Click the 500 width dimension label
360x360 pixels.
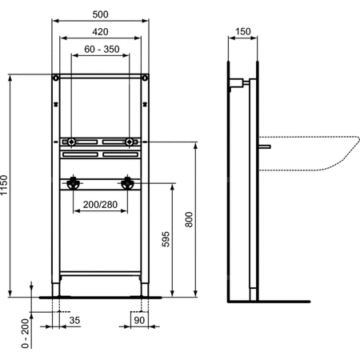(x=100, y=14)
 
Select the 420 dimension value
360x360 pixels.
(x=100, y=32)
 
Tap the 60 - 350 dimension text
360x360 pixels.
(x=102, y=49)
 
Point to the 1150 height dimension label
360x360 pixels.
(x=4, y=185)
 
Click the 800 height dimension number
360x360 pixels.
(x=189, y=219)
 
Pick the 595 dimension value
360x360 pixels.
(x=166, y=239)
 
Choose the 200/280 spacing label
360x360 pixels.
(x=100, y=205)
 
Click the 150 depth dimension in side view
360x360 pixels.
(x=243, y=31)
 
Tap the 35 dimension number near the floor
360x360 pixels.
(x=74, y=320)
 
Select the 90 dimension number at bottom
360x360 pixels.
(x=139, y=320)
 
